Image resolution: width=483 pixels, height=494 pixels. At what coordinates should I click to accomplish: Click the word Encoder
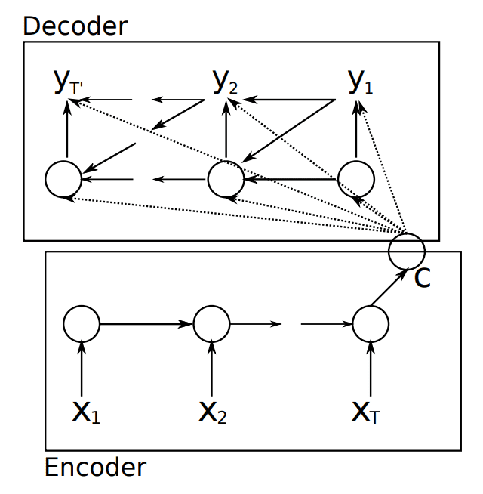[x=95, y=467]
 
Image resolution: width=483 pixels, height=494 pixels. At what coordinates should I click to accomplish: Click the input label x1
[x=85, y=412]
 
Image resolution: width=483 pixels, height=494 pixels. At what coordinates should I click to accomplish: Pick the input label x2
[x=213, y=412]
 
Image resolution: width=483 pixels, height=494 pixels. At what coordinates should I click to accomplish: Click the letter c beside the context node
[x=423, y=278]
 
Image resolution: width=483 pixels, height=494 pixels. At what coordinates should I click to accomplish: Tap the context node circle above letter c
[x=407, y=251]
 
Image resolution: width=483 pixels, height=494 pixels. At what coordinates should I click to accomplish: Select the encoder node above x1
[x=82, y=324]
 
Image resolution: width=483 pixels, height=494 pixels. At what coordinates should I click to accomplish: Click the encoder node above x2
[x=211, y=324]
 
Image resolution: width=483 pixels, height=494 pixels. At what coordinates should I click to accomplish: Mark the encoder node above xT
[x=371, y=324]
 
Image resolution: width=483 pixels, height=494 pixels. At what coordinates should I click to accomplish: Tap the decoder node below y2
[x=226, y=180]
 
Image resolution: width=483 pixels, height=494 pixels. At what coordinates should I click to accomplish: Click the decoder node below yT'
[x=63, y=180]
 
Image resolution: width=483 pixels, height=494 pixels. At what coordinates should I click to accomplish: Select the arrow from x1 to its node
[x=82, y=370]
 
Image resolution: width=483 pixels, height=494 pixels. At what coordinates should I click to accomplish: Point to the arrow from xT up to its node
[x=371, y=370]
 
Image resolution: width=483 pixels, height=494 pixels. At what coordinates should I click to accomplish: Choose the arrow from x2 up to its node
[x=211, y=370]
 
